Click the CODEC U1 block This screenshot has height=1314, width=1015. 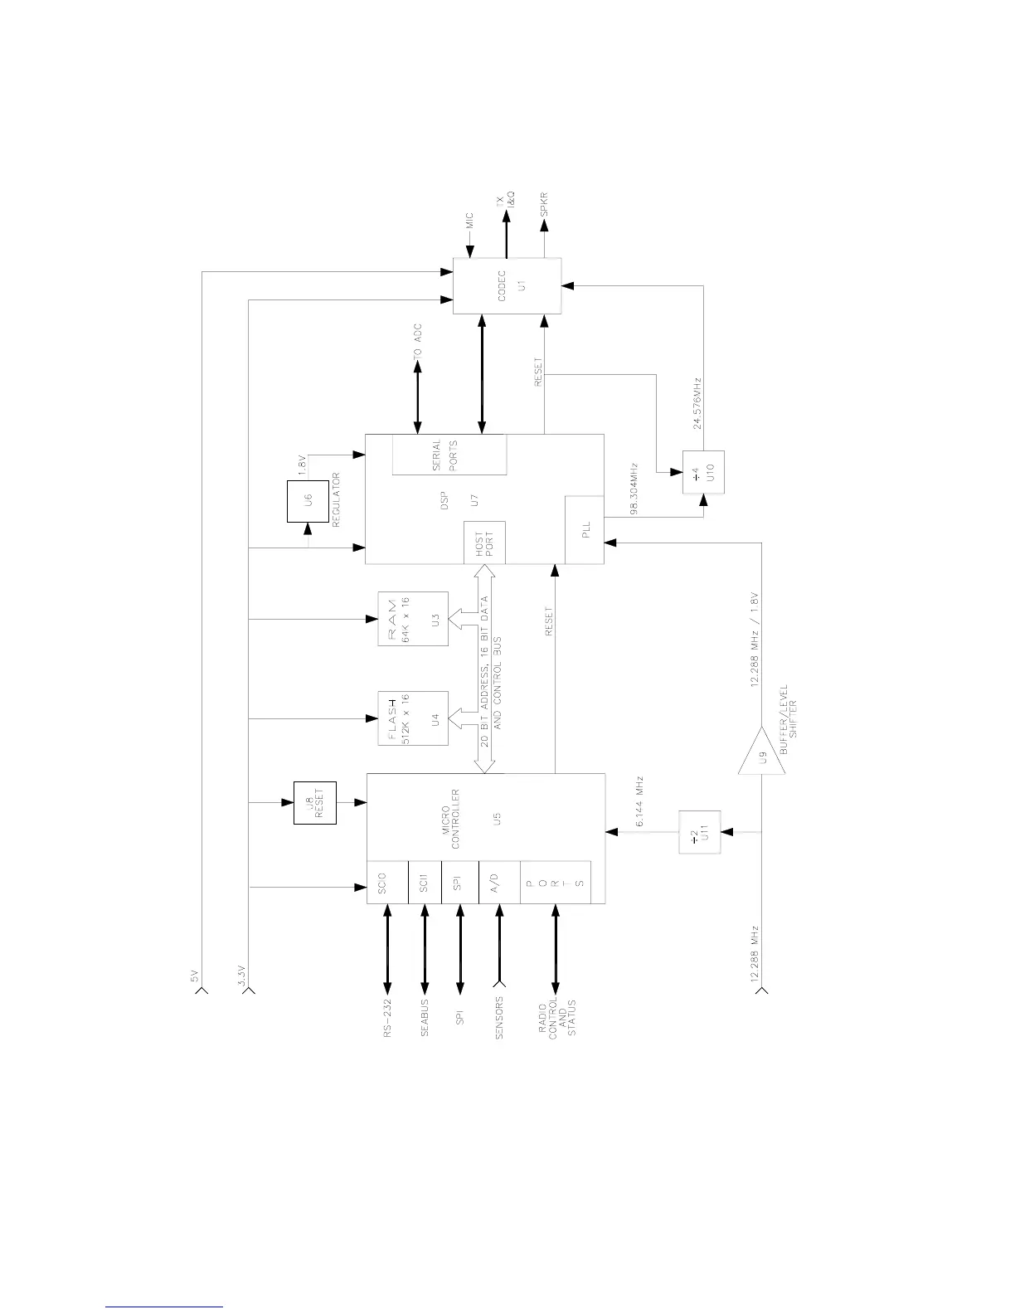pyautogui.click(x=507, y=285)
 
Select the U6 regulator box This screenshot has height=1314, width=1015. pyautogui.click(x=308, y=501)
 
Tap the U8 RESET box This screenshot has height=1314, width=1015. pyautogui.click(x=315, y=803)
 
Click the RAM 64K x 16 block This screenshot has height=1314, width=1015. pyautogui.click(x=413, y=619)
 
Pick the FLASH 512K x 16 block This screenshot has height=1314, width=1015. pyautogui.click(x=413, y=718)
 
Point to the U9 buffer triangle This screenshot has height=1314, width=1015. pyautogui.click(x=761, y=753)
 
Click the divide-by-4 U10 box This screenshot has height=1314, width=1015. pyautogui.click(x=703, y=472)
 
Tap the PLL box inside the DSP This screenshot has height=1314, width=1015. pyautogui.click(x=584, y=531)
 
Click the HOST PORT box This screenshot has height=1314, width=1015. pyautogui.click(x=484, y=543)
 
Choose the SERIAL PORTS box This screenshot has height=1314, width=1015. pyautogui.click(x=449, y=454)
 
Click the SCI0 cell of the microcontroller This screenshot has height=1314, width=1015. pyautogui.click(x=387, y=882)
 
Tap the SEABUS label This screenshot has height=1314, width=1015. pyautogui.click(x=425, y=1019)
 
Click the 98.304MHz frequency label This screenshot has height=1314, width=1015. pyautogui.click(x=634, y=489)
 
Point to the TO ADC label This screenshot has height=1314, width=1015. pyautogui.click(x=418, y=341)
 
